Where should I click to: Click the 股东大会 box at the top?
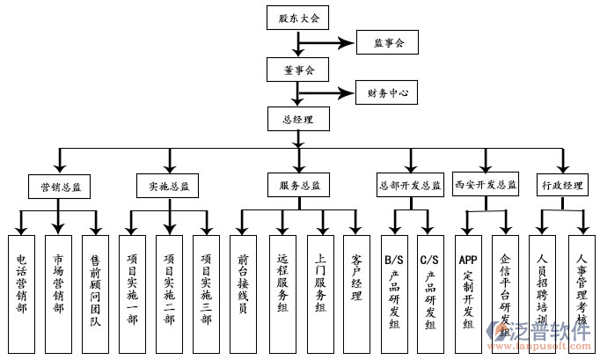[x=298, y=18]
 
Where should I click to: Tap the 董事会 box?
[x=298, y=68]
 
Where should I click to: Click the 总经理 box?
[x=298, y=118]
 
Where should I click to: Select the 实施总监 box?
[x=168, y=187]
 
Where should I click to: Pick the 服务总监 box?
[x=299, y=186]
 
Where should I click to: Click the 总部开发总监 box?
[x=409, y=186]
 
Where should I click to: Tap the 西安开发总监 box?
[x=486, y=186]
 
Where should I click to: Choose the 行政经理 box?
[x=562, y=186]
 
